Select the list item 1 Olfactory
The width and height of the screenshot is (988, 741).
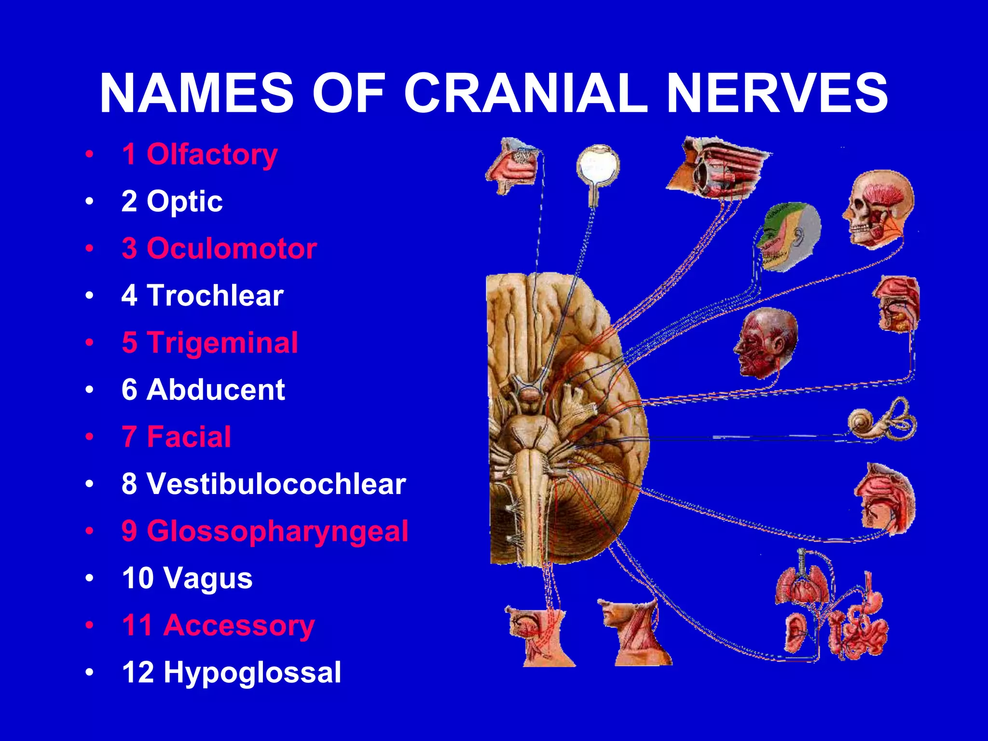click(199, 154)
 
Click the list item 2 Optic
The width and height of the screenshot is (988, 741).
click(172, 201)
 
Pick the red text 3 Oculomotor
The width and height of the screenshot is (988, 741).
click(219, 248)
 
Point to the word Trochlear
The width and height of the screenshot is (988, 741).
click(215, 295)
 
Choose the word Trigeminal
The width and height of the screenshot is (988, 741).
click(222, 343)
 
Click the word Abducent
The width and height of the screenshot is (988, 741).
click(216, 389)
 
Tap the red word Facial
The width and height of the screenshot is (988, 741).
click(189, 437)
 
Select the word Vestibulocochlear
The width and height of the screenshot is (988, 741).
click(276, 483)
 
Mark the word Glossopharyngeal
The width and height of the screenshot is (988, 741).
click(277, 531)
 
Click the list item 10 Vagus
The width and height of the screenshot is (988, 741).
click(187, 578)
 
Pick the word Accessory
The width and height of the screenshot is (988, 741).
click(239, 625)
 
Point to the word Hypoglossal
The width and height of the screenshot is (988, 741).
click(252, 672)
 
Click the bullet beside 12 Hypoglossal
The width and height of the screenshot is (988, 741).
click(89, 672)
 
